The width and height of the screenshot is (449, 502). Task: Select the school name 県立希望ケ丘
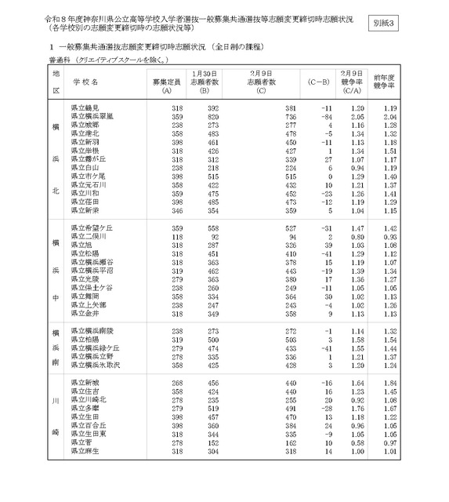point(92,227)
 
